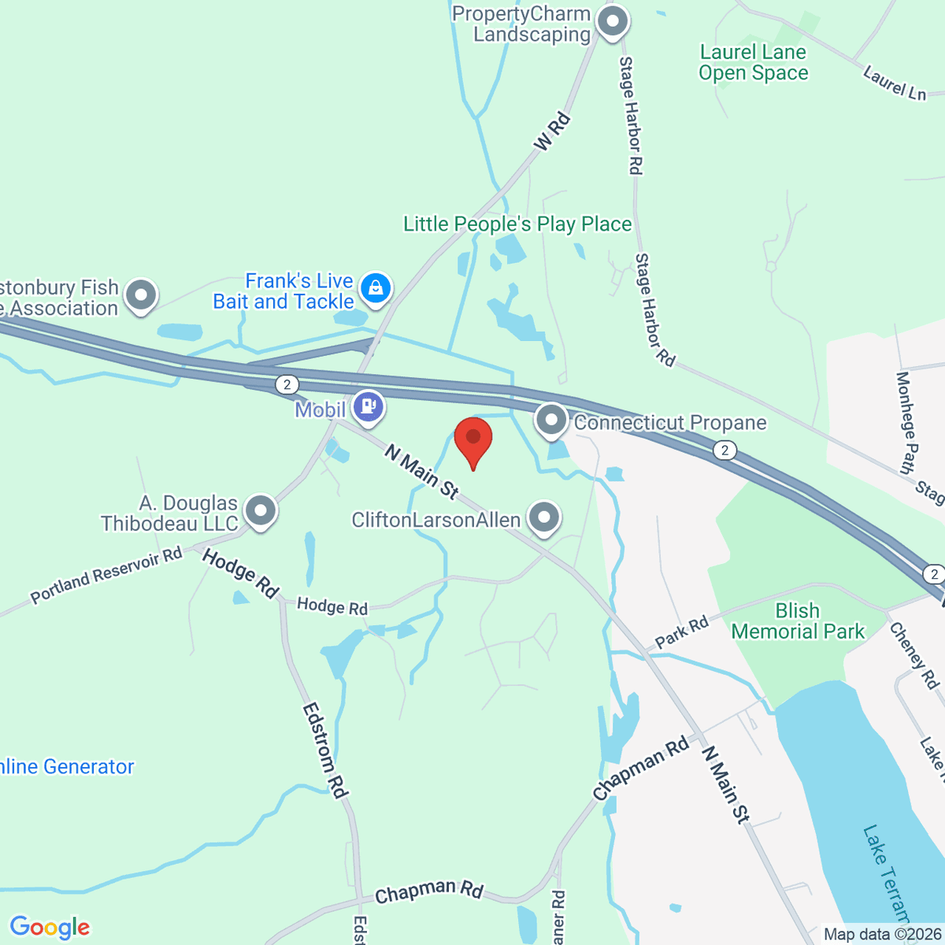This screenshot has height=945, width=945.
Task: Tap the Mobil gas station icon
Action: [x=368, y=407]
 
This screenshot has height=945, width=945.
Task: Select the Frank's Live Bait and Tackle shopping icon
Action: [x=376, y=288]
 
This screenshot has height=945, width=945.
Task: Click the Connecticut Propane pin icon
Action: [x=551, y=419]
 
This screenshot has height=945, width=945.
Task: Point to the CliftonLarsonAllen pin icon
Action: [x=543, y=517]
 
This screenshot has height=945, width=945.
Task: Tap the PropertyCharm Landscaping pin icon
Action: [x=611, y=21]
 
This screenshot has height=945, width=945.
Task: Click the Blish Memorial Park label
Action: [x=798, y=621]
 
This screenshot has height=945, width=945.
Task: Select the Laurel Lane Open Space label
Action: [x=753, y=63]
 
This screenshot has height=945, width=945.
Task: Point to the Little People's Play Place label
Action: [x=517, y=224]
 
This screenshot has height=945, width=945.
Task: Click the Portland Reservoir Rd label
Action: [x=106, y=576]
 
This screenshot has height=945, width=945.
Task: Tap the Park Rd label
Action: [x=682, y=632]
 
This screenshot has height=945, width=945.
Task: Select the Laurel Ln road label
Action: [x=895, y=83]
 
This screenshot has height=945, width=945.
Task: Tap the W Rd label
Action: [x=551, y=132]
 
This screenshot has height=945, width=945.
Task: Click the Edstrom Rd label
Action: [x=325, y=750]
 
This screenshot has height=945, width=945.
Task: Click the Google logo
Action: [x=50, y=928]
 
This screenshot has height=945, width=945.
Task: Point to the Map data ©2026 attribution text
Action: [x=882, y=935]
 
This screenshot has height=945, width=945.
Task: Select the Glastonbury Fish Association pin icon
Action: [x=142, y=295]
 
